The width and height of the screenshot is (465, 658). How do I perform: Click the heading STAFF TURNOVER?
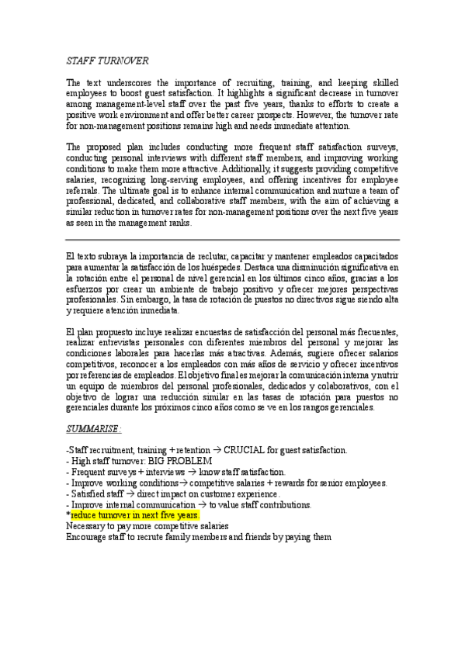[108, 61]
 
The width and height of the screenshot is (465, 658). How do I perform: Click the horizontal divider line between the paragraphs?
[233, 240]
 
